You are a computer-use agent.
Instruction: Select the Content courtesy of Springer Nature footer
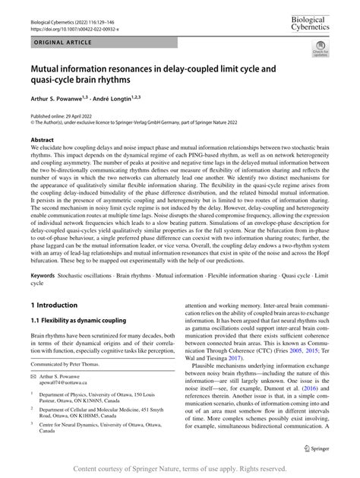(x=180, y=470)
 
